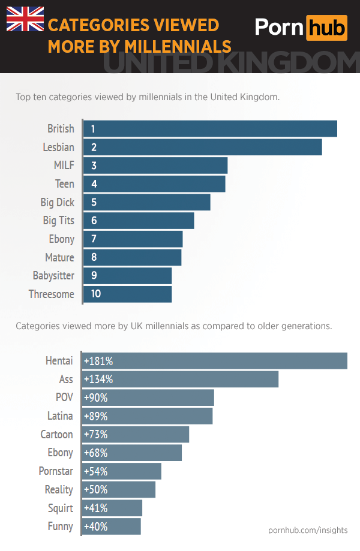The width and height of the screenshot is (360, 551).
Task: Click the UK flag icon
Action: (x=25, y=19)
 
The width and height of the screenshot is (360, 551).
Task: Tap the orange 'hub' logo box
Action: (x=326, y=27)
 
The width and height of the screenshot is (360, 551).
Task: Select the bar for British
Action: (x=210, y=128)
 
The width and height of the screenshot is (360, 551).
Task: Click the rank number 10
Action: (x=95, y=294)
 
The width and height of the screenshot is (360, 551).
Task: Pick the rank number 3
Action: (x=94, y=165)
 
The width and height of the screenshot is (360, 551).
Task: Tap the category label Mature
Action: (x=59, y=257)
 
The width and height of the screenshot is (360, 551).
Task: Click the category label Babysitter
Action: (x=53, y=276)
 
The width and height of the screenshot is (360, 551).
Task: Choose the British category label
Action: (x=61, y=128)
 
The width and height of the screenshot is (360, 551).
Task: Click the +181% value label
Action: (x=98, y=361)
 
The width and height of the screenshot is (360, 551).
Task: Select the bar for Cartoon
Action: (x=136, y=434)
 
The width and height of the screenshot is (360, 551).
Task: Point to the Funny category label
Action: (x=60, y=526)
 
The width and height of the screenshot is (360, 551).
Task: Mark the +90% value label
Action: (x=96, y=398)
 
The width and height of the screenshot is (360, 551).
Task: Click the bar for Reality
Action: (x=119, y=489)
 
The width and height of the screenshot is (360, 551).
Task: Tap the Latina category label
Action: (x=60, y=415)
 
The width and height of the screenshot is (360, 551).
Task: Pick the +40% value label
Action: (x=96, y=526)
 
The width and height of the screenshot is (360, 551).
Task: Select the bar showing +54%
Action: (x=122, y=471)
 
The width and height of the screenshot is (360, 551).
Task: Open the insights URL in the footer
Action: (x=308, y=530)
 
